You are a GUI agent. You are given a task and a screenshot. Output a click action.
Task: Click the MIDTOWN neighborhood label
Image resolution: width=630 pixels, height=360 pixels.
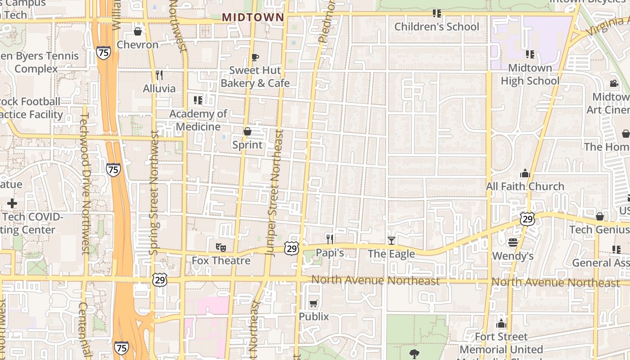[x=253, y=17]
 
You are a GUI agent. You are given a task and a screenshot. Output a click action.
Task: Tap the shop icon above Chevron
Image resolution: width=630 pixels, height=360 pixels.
[x=138, y=31]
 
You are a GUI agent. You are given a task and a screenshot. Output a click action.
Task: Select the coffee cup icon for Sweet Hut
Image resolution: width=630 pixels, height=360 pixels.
[x=255, y=57]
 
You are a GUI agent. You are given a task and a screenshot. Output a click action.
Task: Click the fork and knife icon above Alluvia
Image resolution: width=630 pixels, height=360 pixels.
[x=159, y=75]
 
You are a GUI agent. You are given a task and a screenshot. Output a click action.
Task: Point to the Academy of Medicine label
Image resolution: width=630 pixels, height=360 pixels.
[x=198, y=120]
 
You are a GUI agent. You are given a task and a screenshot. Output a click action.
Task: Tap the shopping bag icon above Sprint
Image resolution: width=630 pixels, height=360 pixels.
[x=247, y=131]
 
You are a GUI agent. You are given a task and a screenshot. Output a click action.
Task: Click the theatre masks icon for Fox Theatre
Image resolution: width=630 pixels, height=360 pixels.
[x=220, y=247]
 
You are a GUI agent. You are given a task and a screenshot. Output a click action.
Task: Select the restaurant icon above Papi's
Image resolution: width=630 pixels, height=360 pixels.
[x=330, y=239]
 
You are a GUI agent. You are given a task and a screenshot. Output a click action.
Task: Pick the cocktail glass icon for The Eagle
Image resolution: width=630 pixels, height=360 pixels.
[x=391, y=241]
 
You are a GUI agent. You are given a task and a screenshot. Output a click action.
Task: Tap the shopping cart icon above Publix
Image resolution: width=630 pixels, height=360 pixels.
[x=314, y=304]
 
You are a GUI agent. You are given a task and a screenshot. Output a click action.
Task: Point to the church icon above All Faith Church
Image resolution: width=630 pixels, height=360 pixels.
[x=525, y=173]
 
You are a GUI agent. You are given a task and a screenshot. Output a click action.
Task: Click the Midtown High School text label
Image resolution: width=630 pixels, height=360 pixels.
[x=530, y=74]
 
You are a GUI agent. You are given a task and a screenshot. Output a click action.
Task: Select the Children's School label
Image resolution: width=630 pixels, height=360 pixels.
[x=436, y=27]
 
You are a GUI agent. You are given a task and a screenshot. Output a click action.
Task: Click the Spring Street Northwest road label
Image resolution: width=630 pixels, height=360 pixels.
[x=154, y=193]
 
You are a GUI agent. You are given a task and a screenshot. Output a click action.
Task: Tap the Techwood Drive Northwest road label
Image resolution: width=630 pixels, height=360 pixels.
[x=84, y=184]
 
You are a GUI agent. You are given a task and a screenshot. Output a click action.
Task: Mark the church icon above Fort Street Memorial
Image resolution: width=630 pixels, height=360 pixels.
[x=501, y=324]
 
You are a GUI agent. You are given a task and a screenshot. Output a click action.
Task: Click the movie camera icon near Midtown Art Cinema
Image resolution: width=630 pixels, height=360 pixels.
[x=614, y=83]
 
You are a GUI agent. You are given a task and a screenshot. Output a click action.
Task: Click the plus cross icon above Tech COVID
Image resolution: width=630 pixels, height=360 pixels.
[x=12, y=203]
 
